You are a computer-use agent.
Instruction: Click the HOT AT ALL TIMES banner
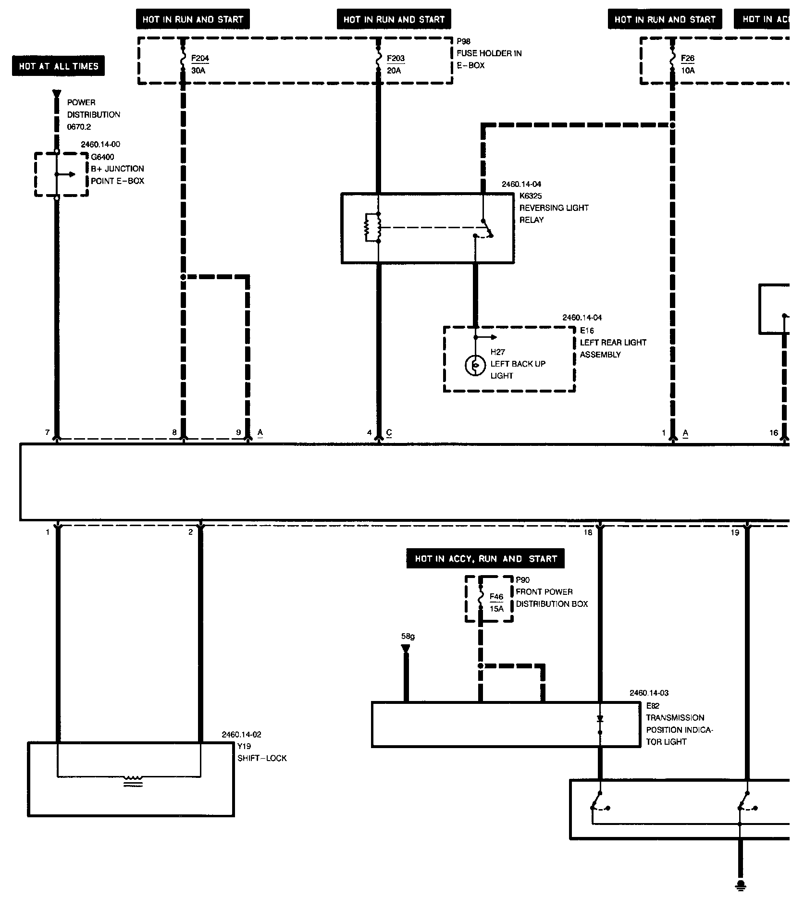58,66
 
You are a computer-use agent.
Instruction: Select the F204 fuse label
200,59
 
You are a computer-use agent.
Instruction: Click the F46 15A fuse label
496,603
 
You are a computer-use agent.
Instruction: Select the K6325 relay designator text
531,196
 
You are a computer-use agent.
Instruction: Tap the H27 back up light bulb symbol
475,366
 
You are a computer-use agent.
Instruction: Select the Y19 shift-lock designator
244,746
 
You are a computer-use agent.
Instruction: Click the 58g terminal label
408,637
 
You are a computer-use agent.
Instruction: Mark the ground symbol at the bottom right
741,885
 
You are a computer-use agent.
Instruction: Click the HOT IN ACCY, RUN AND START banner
485,559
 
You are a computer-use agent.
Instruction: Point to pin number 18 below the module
588,532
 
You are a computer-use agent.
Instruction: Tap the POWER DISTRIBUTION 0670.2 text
93,115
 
